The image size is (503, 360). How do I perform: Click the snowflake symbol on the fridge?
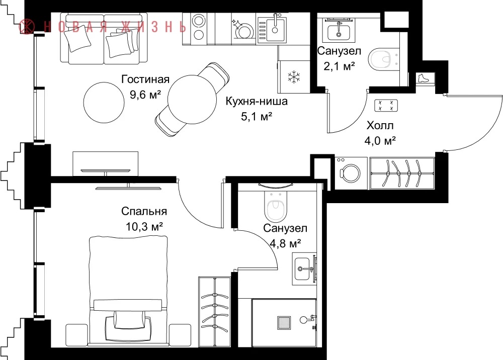(x=294, y=77)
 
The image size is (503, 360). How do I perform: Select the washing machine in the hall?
(x=351, y=173)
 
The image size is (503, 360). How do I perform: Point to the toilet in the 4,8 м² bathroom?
(x=276, y=206)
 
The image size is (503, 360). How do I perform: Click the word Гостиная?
(x=145, y=79)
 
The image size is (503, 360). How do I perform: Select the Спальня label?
(x=144, y=211)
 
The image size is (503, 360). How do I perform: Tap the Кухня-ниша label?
(x=257, y=101)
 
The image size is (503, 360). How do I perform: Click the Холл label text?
(x=380, y=125)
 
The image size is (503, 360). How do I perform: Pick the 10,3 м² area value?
(x=144, y=227)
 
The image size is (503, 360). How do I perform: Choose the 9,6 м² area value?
(x=145, y=95)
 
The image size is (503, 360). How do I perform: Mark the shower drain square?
(x=284, y=323)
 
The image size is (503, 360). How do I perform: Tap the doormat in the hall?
(x=386, y=106)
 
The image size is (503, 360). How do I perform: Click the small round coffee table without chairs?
(x=104, y=103)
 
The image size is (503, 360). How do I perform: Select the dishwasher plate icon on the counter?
(x=243, y=31)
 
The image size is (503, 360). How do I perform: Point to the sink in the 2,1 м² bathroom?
(x=339, y=31)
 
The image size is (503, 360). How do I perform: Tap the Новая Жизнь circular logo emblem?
(x=27, y=26)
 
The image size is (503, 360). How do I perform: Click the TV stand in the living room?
(x=106, y=163)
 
